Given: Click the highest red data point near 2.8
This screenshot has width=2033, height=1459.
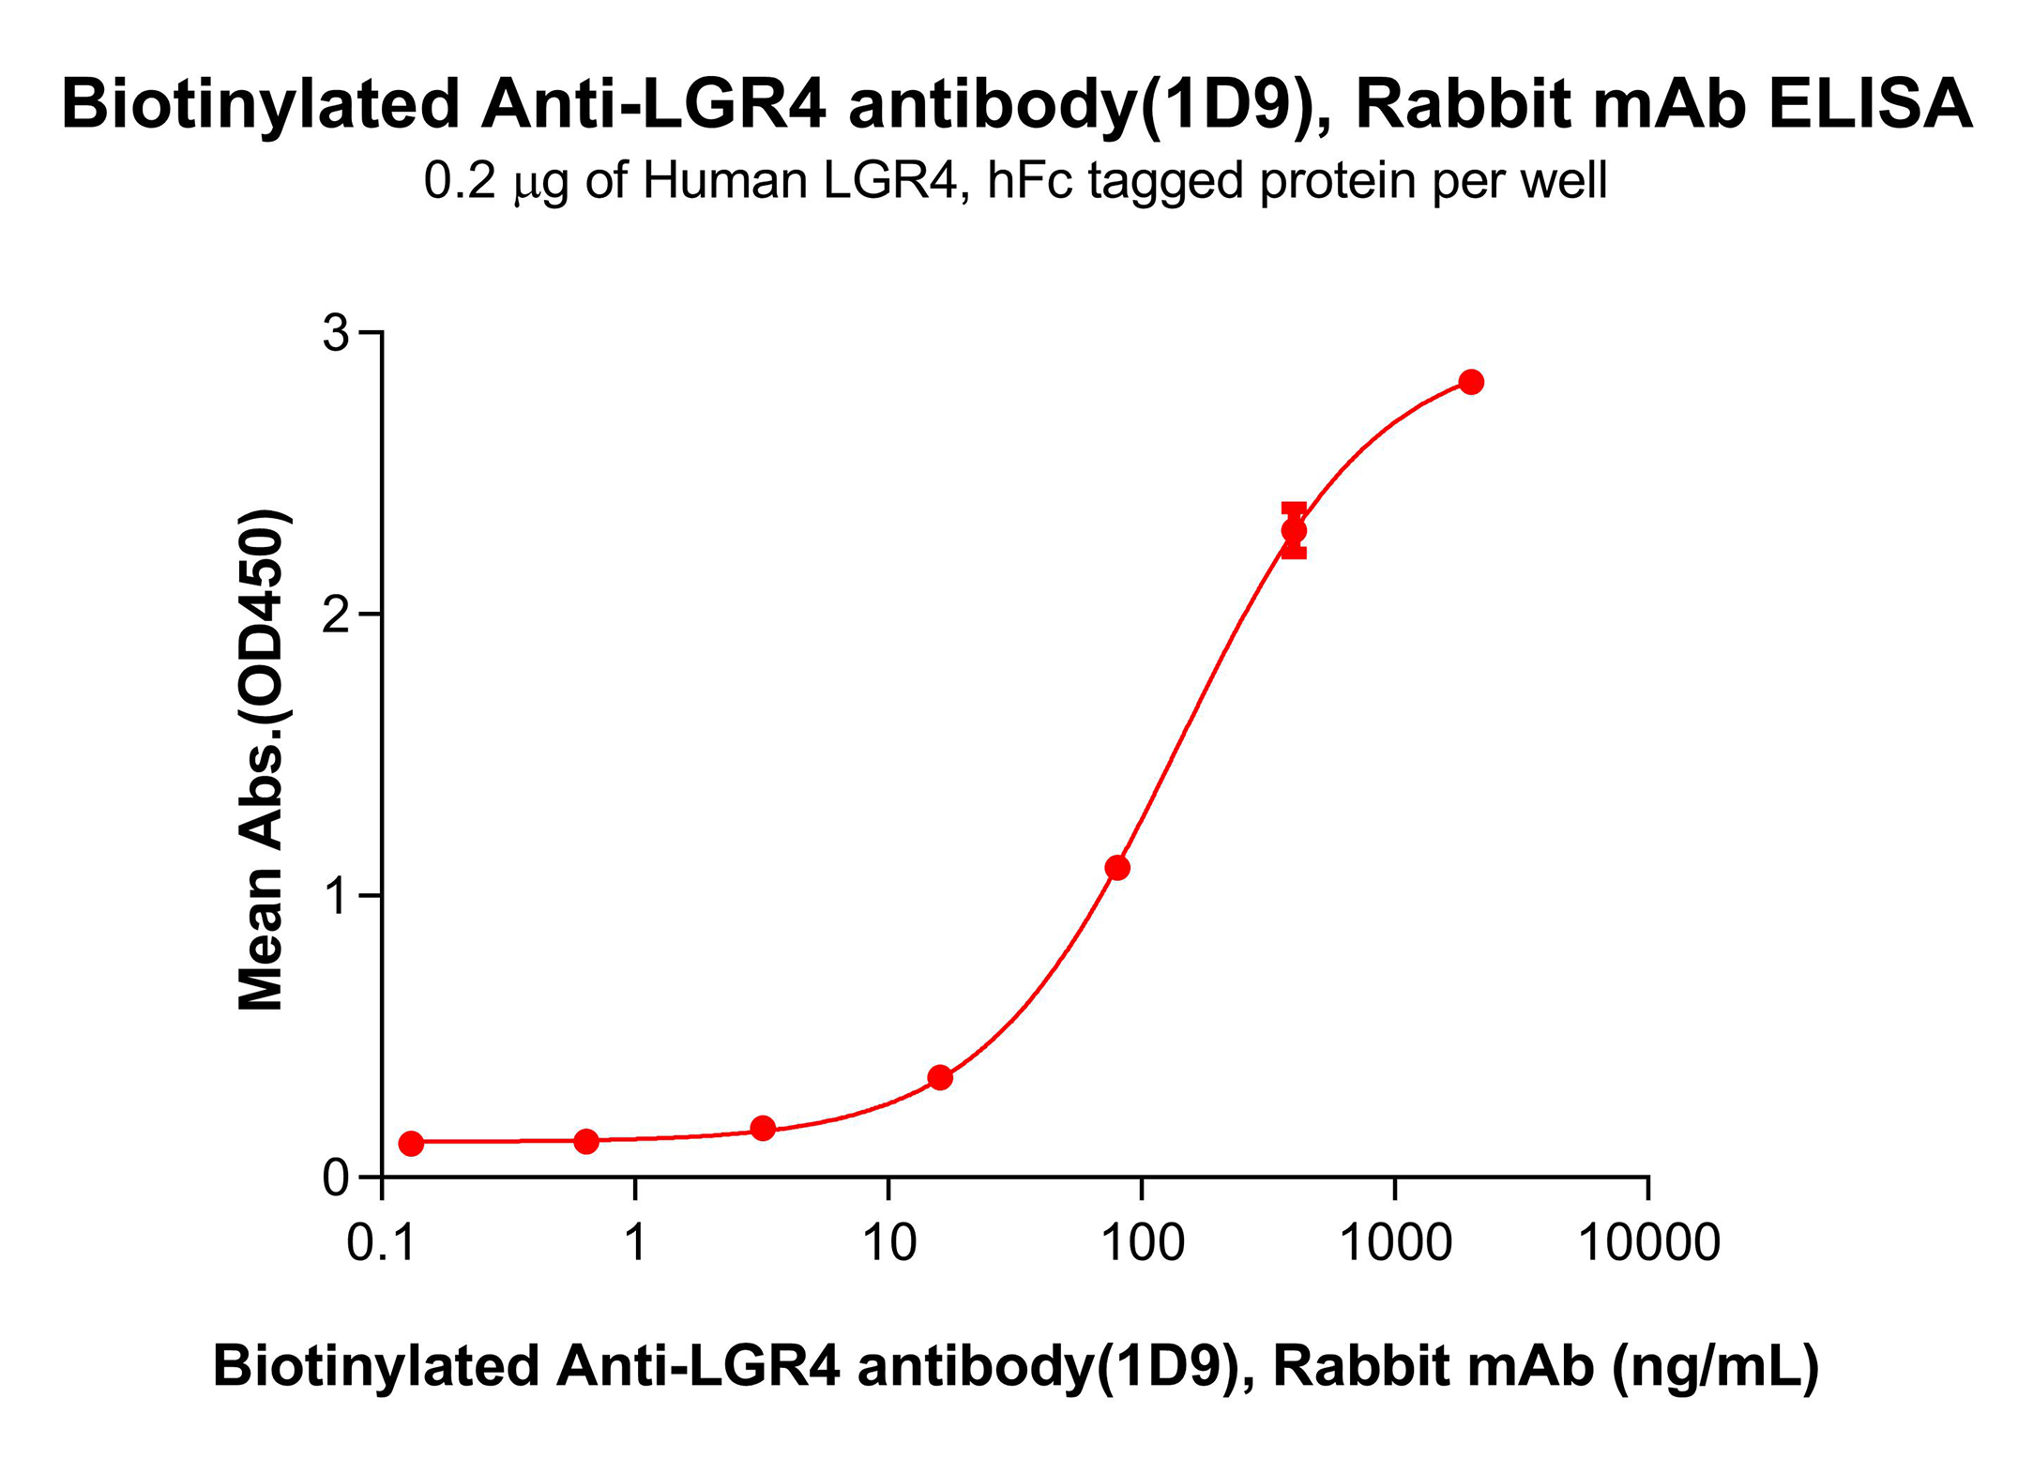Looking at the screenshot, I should (1471, 382).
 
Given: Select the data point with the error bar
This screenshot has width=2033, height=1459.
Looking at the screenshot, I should (1294, 530).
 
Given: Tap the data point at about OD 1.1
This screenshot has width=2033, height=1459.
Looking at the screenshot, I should (1117, 867).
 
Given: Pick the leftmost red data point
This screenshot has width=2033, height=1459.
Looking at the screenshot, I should (411, 1143).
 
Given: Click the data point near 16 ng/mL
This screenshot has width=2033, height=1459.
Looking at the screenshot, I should (940, 1077).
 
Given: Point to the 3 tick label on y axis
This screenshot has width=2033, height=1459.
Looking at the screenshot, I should (335, 334).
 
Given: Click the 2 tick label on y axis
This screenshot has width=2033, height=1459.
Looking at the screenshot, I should (335, 615).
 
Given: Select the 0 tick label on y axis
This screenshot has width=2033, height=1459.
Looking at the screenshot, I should (335, 1178).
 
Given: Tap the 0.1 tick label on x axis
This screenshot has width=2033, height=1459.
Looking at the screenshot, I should (382, 1242).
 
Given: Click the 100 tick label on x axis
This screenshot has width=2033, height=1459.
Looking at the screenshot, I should (1142, 1242).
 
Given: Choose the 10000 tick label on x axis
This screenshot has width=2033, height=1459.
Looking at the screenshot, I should (1648, 1242).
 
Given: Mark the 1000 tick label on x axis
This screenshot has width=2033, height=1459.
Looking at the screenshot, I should (1395, 1242).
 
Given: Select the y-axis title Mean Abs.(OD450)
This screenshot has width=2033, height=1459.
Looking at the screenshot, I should (262, 760).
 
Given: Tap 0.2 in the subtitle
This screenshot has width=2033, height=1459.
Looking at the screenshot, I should (459, 180).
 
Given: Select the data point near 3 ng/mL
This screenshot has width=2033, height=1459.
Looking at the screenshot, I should (763, 1128).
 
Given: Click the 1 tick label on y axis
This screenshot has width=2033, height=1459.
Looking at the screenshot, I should (337, 896).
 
